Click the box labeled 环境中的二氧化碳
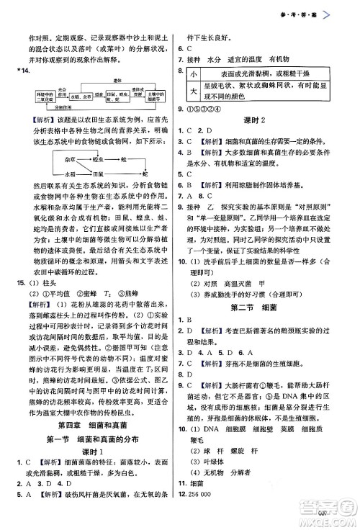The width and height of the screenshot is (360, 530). [x=40, y=95]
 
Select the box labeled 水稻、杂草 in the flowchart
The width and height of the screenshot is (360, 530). [x=74, y=95]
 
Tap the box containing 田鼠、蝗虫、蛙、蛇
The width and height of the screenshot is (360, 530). [x=114, y=95]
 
